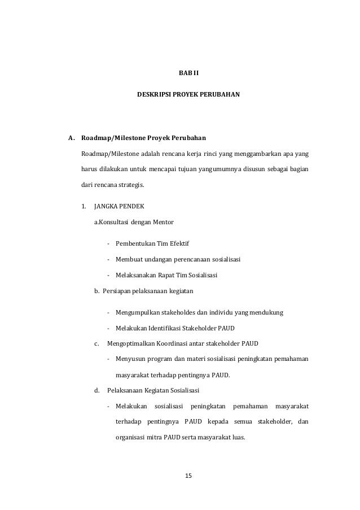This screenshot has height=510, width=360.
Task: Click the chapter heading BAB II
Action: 188,73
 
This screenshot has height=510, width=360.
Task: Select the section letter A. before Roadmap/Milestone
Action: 71,137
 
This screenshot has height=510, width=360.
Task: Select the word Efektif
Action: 177,244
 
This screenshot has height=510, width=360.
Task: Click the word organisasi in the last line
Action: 130,437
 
